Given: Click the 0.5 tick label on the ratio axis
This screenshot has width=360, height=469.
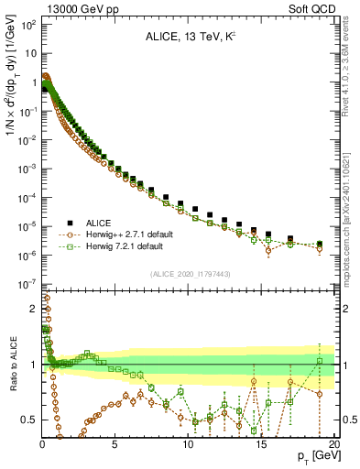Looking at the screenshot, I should pyautogui.click(x=29, y=420).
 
